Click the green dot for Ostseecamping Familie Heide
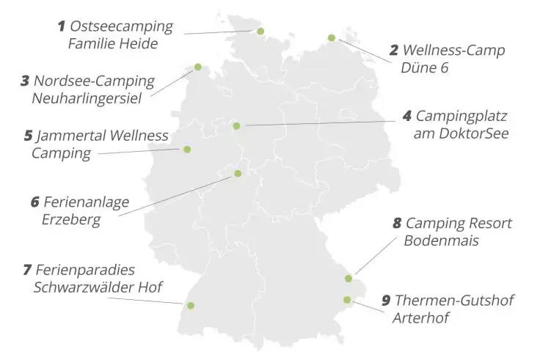[260, 31]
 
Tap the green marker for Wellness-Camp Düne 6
[332, 37]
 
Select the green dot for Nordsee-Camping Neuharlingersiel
[197, 67]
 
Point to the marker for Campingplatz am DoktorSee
[236, 126]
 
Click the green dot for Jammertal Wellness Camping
[187, 150]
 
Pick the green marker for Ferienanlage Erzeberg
[238, 174]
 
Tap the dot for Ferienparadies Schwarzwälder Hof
[191, 306]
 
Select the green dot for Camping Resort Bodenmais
[349, 279]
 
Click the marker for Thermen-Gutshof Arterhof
[347, 299]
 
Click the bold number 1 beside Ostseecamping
[62, 27]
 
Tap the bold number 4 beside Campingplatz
[407, 117]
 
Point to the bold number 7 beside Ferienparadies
[27, 270]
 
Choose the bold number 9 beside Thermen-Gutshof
[386, 301]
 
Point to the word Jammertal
[71, 136]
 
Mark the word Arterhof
[420, 318]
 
